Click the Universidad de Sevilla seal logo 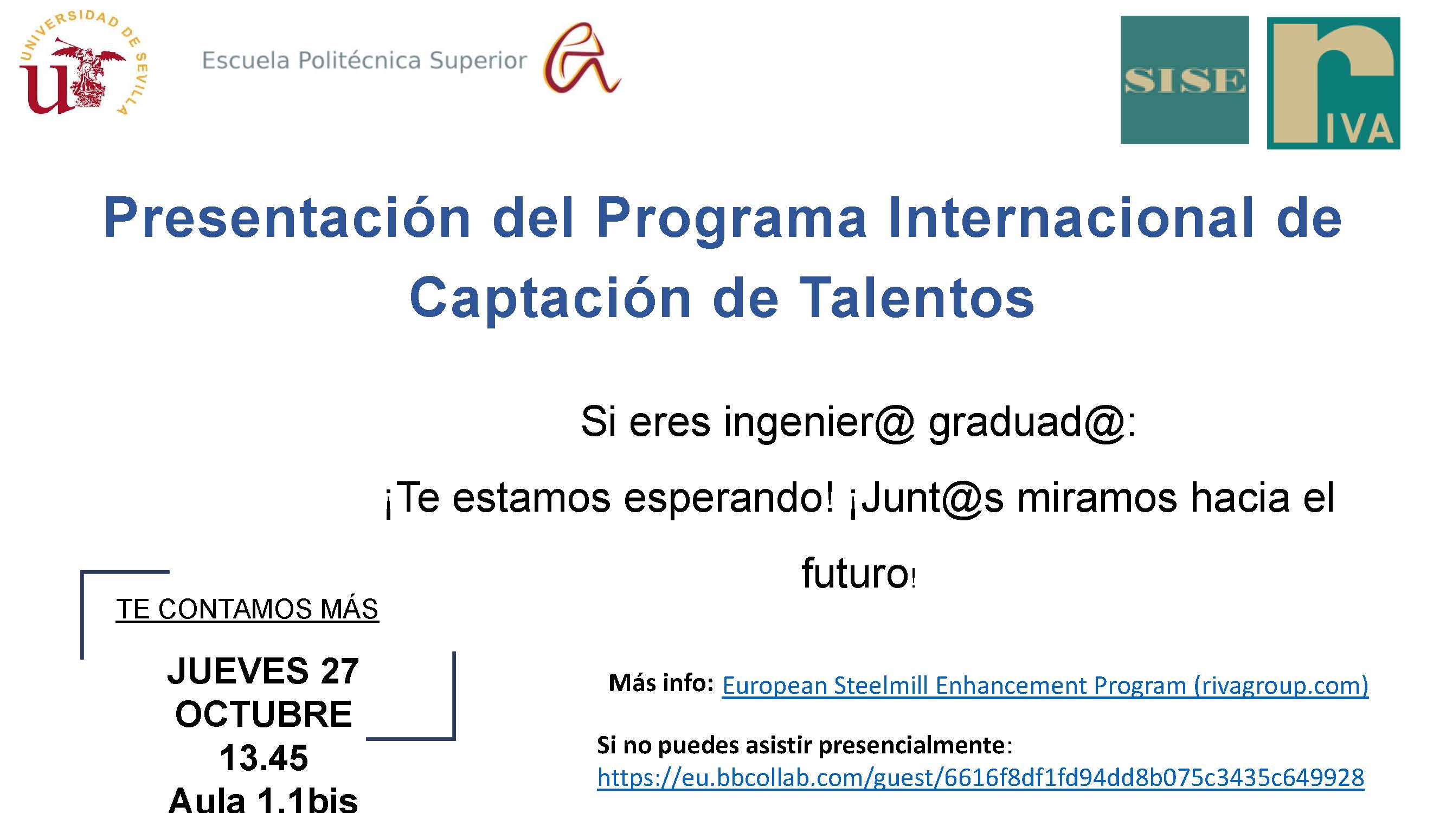82,63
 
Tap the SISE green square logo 1185,80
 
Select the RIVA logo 1333,83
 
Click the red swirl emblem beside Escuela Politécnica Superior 582,58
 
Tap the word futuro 855,573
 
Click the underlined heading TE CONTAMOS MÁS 247,609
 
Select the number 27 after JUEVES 339,670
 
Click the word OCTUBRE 264,714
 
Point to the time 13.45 264,758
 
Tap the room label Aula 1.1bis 263,799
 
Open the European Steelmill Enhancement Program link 1045,686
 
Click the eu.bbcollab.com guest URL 981,778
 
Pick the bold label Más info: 661,683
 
